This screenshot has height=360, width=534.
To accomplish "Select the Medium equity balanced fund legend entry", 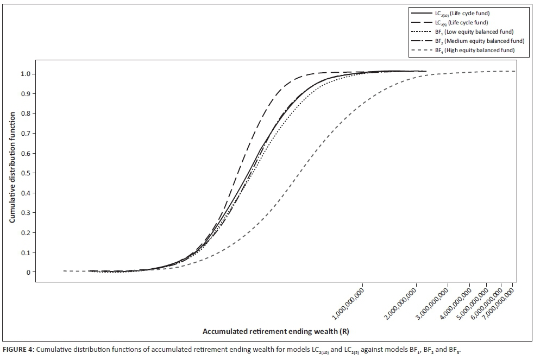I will (481, 41).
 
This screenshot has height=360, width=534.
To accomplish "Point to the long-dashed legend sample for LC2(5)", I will (422, 23).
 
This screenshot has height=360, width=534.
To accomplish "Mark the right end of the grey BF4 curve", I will (514, 71).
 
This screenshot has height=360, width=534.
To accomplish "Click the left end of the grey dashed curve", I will (64, 271).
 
